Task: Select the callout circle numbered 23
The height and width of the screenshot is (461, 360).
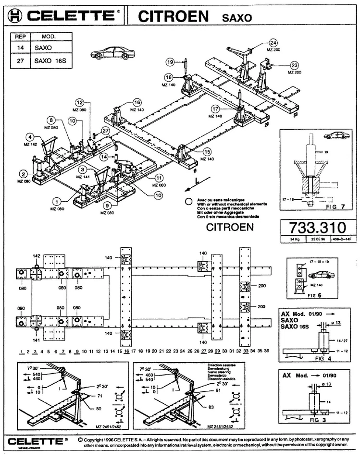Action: (295, 65)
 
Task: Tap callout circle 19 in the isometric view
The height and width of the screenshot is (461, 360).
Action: (170, 61)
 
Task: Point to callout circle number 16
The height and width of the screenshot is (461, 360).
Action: (137, 102)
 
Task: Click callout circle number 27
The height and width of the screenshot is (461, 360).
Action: (105, 130)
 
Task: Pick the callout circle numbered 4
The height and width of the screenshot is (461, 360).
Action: (30, 136)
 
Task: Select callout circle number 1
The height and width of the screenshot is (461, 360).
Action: (58, 202)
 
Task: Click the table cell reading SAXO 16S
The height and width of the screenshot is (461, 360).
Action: (50, 61)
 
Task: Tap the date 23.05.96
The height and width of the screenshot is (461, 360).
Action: (315, 238)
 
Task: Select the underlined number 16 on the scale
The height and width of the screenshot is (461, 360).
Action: (126, 352)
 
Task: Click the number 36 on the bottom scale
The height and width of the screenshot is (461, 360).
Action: (267, 351)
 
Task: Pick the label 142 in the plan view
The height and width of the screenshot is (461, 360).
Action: (36, 256)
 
